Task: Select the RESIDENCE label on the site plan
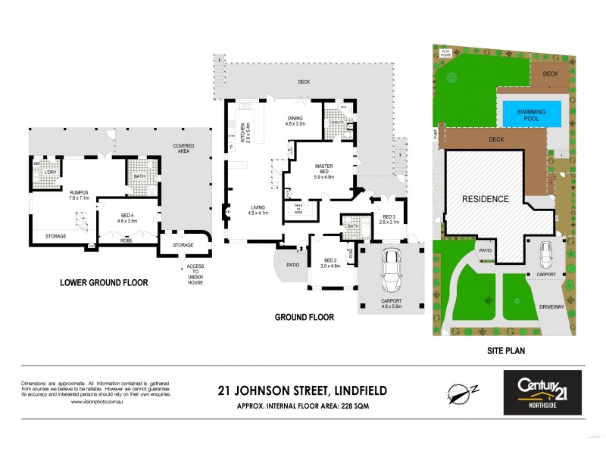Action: (485, 199)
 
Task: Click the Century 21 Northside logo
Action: (543, 391)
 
